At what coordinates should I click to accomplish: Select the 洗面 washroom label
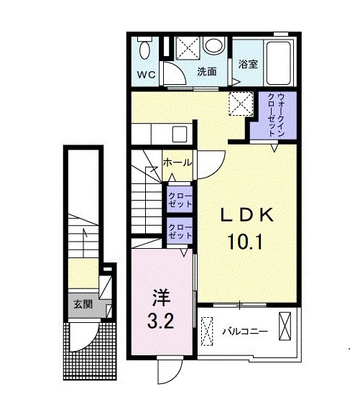(x=207, y=72)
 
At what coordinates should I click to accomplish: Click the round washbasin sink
(x=213, y=46)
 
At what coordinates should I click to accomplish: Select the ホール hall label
(x=177, y=163)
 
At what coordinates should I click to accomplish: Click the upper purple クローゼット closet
(x=179, y=199)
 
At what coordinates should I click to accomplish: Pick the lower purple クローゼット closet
(x=179, y=232)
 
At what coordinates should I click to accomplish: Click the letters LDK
(x=246, y=214)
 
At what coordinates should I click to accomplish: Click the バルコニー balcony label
(x=244, y=332)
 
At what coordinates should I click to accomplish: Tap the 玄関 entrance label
(x=83, y=304)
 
